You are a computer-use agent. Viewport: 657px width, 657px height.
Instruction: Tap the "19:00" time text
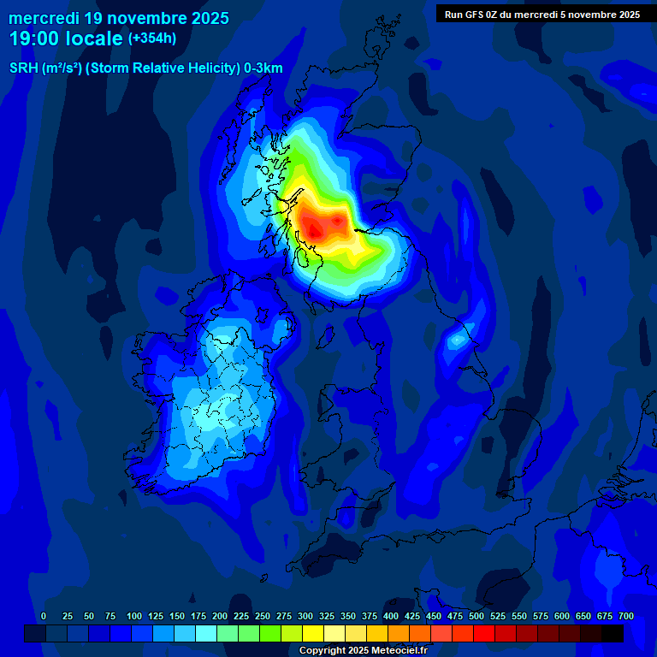(34, 38)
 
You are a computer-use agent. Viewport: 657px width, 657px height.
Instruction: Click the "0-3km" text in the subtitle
(263, 68)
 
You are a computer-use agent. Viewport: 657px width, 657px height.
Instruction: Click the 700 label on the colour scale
(625, 616)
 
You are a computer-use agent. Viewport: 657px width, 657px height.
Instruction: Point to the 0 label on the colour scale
(44, 616)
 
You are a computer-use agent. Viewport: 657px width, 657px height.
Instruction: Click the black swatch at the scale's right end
(613, 633)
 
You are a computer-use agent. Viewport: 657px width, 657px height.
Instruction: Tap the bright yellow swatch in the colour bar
(313, 633)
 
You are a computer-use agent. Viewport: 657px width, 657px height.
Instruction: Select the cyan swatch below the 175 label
(206, 633)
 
